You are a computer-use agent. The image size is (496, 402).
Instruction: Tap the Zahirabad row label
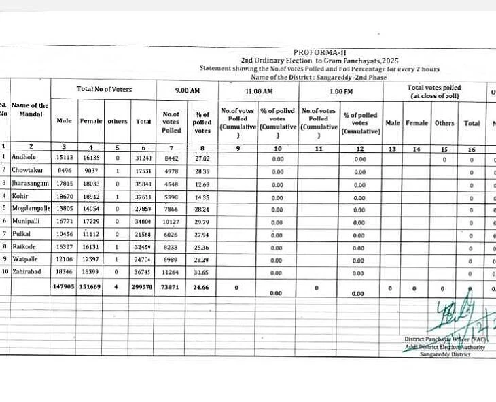click(x=26, y=272)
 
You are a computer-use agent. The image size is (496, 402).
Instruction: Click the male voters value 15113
click(x=65, y=157)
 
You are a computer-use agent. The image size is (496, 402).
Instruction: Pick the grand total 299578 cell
click(x=143, y=288)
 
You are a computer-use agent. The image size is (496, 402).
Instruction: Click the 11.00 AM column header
click(x=258, y=90)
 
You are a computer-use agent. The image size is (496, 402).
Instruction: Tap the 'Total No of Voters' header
click(x=104, y=90)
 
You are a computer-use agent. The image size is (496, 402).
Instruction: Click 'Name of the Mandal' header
click(x=30, y=110)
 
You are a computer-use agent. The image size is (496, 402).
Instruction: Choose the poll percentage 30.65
click(x=202, y=272)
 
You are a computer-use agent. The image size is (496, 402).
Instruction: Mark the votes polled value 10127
click(x=171, y=221)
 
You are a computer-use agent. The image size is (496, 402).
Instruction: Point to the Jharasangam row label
click(x=30, y=183)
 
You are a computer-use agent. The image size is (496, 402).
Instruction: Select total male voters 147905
click(x=63, y=288)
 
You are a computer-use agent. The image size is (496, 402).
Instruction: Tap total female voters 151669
click(x=91, y=288)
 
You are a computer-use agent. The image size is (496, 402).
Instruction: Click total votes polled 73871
click(x=171, y=288)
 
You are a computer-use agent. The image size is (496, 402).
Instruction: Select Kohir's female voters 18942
click(x=91, y=196)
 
